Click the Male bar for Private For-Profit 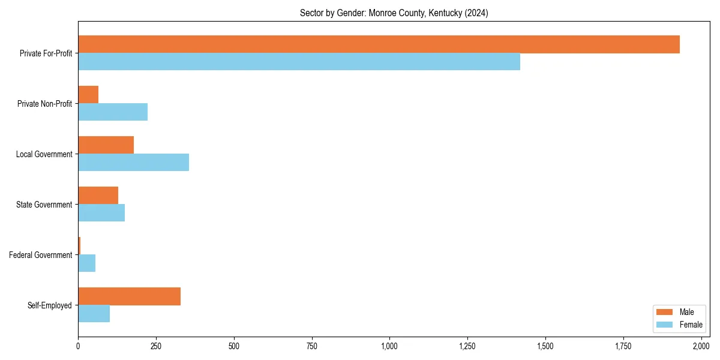click(379, 44)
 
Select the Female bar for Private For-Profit click(299, 62)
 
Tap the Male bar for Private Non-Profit click(88, 95)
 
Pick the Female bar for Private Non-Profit click(113, 112)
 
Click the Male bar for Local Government click(106, 145)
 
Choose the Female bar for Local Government click(133, 163)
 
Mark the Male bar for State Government click(98, 196)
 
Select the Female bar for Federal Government click(86, 263)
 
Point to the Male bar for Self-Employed click(129, 296)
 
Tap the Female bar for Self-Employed click(94, 314)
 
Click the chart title click(394, 13)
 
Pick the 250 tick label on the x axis click(156, 346)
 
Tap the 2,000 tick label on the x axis click(701, 346)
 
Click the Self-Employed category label click(50, 305)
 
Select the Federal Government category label click(41, 255)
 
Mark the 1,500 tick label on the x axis click(545, 346)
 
